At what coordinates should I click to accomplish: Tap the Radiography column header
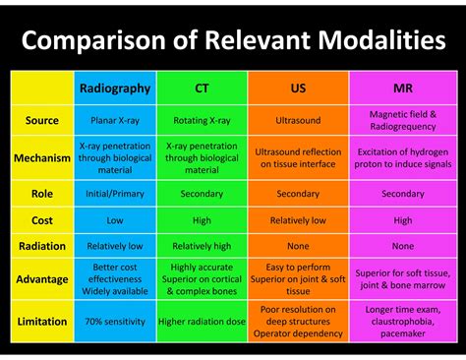coord(115,89)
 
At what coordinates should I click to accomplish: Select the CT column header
coord(202,89)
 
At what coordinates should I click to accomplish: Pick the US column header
coord(298,89)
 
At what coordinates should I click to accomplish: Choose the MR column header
coord(403,89)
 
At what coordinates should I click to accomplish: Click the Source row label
coord(42,120)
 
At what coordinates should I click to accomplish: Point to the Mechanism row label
coord(42,157)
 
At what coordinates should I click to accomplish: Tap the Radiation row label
coord(42,246)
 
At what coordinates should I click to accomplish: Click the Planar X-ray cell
coord(115,120)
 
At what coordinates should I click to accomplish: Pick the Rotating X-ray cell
coord(202,120)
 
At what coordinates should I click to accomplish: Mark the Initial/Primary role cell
coord(115,194)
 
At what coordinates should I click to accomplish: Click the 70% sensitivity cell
coord(115,321)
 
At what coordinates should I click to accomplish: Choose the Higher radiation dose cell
coord(202,321)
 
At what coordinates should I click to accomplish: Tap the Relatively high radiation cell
coord(202,246)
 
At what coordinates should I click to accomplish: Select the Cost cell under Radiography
coord(115,220)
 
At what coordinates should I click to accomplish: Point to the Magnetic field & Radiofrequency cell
coord(403,120)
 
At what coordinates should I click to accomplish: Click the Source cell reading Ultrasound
coord(298,120)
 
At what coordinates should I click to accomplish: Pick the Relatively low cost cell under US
coord(298,220)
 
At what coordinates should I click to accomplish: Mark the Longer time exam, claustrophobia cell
coord(403,321)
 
